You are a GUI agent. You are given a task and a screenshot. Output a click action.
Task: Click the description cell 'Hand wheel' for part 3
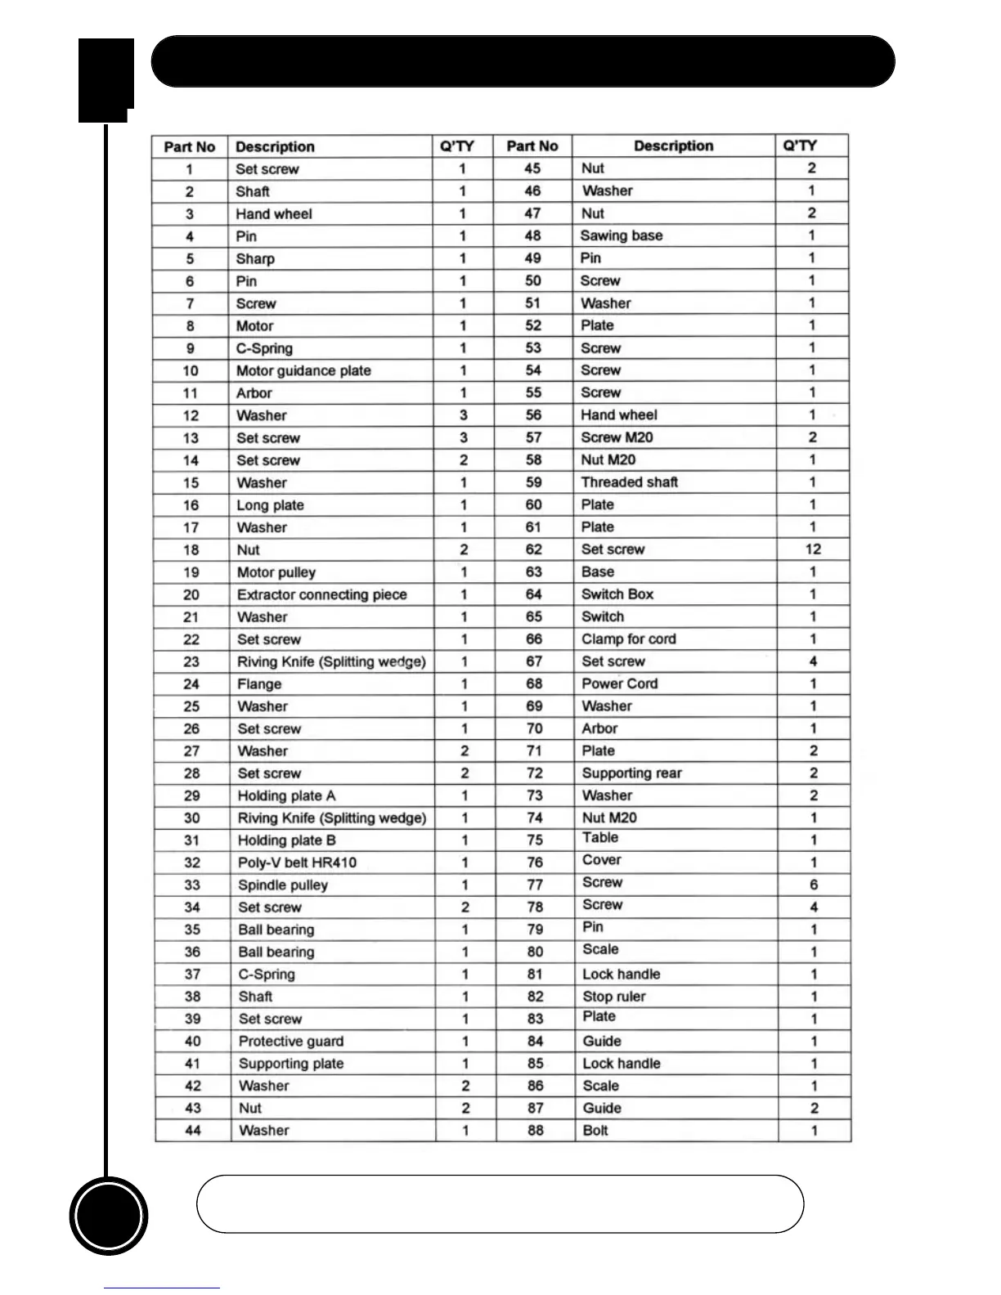coord(274,214)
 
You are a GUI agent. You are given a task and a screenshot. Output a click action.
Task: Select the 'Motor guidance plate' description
coord(303,370)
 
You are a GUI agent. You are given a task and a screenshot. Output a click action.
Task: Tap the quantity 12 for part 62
coord(813,549)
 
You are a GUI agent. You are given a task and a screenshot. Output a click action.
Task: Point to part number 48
coord(533,235)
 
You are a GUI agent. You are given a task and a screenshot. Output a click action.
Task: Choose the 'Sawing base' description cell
coord(622,235)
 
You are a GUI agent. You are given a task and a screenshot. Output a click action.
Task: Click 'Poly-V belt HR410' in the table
coord(297,863)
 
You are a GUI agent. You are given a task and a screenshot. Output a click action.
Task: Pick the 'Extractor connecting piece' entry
coord(321,594)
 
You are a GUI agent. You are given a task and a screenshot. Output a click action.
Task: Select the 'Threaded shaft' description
coord(630,482)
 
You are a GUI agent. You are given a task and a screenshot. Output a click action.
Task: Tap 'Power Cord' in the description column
coord(619,683)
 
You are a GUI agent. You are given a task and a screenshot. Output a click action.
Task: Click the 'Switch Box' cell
coord(617,594)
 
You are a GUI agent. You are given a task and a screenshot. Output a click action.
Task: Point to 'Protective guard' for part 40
coord(290,1041)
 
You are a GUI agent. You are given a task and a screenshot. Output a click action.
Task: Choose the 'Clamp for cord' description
coord(628,639)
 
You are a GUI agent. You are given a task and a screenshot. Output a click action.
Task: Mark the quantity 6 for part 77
coord(814,885)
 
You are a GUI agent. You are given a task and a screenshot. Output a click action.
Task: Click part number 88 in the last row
coord(536,1131)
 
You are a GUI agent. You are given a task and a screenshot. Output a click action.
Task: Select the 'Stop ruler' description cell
coord(613,997)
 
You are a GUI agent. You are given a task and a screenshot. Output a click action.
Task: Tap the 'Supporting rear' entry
coord(631,773)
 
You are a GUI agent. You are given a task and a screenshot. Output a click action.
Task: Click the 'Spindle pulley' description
coord(282,885)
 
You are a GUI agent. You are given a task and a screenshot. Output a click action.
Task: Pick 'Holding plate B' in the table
coord(286,840)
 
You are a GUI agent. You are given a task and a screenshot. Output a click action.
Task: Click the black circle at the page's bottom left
coord(109,1216)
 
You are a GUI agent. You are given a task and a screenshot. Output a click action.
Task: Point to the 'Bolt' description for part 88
coord(595,1131)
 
